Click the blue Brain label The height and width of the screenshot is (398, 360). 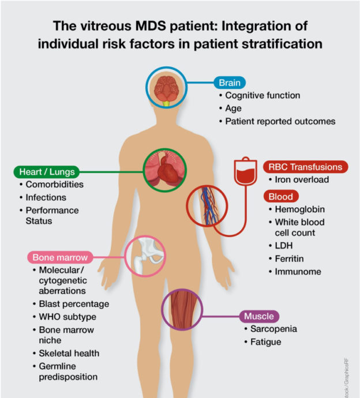(x=229, y=82)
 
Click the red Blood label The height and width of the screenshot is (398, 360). (x=281, y=196)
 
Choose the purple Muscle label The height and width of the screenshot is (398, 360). (x=259, y=316)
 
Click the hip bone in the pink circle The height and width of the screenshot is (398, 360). (x=145, y=256)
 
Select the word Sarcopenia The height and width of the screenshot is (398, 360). (x=273, y=329)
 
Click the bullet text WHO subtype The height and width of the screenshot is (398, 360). (x=67, y=317)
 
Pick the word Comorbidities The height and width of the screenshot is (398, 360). (x=55, y=185)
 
